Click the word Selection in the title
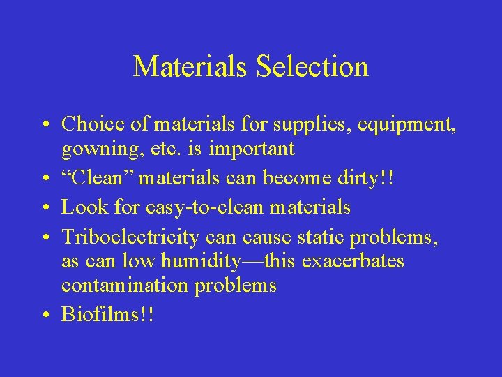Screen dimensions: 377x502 tap(312, 67)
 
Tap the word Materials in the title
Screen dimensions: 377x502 tap(191, 67)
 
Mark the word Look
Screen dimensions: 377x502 tap(82, 207)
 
